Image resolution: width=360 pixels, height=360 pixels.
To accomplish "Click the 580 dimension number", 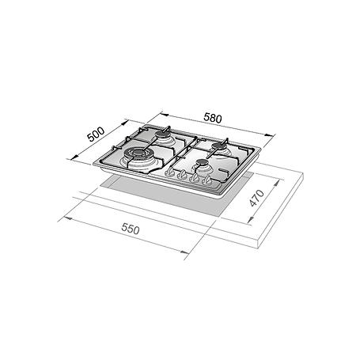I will click(213, 119).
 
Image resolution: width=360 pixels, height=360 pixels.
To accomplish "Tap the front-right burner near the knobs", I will click(203, 165).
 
